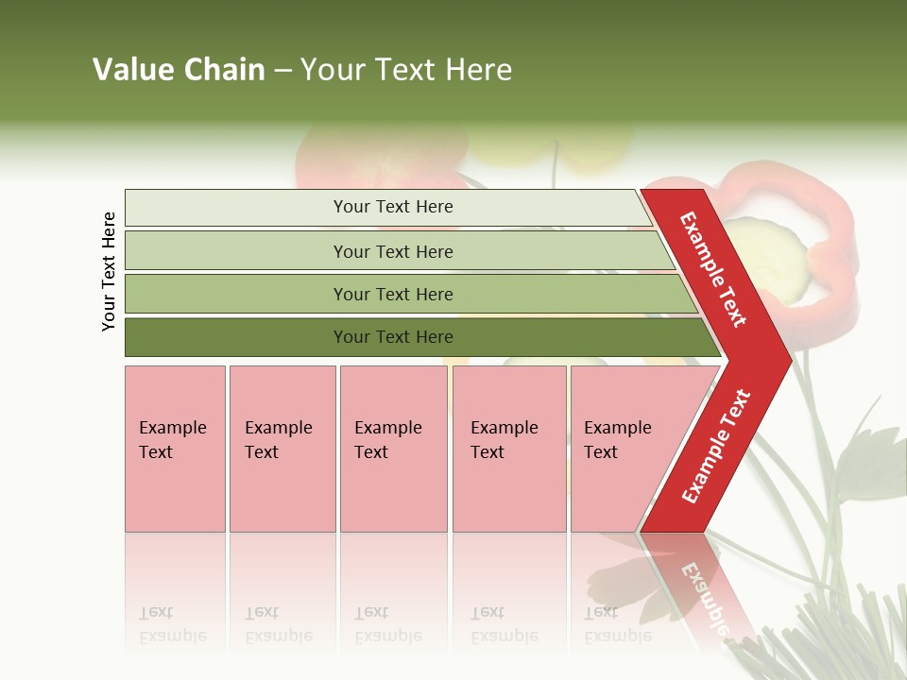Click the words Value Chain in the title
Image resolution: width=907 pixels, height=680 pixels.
tap(179, 70)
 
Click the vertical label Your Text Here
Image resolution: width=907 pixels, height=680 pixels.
tap(110, 271)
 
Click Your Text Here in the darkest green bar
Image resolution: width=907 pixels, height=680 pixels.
tap(393, 337)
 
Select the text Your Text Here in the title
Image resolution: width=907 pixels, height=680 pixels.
tap(406, 70)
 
